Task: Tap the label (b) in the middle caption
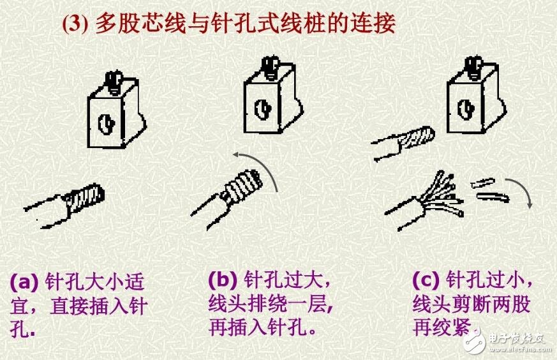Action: click(x=223, y=280)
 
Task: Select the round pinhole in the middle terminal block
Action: click(x=262, y=109)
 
